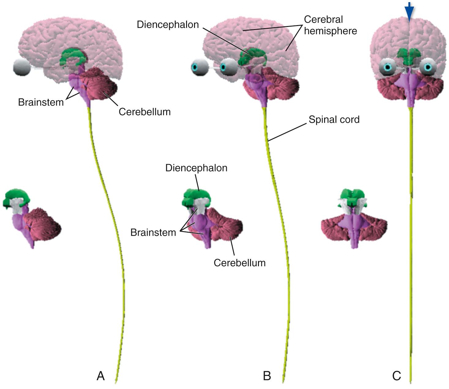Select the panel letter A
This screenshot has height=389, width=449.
101,376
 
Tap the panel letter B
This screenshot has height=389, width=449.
267,376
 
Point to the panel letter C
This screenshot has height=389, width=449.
396,376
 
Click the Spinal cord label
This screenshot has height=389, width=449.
334,119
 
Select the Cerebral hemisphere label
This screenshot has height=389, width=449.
330,25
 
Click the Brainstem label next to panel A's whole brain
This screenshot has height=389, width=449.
41,102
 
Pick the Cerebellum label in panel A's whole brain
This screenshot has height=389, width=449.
144,112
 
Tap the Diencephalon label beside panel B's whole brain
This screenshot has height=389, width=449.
168,24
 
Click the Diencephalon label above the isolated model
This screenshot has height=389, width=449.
196,168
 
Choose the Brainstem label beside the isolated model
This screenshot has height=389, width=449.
153,232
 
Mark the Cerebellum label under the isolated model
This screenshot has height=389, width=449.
239,263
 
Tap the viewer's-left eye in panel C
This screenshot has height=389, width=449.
388,67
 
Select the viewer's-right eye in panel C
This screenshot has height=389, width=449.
428,67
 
